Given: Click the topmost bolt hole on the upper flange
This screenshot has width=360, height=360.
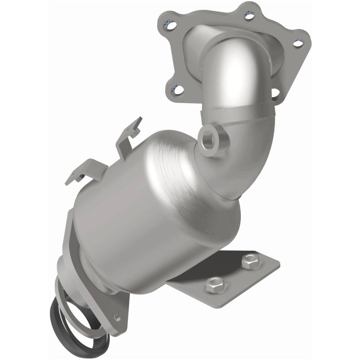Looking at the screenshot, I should [x=248, y=16].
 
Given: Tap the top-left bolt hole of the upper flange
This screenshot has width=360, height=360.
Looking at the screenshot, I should [x=170, y=26].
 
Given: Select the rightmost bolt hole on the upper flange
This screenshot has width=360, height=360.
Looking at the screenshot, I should [x=297, y=43].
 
